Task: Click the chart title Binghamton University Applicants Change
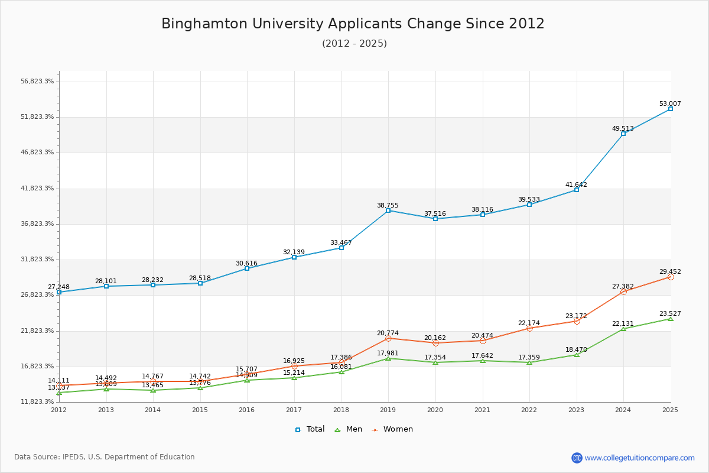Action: click(x=353, y=24)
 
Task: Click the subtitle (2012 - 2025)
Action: click(x=354, y=44)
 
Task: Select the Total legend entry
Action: click(x=310, y=429)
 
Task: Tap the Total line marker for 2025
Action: click(x=670, y=109)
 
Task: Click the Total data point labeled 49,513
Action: click(x=623, y=134)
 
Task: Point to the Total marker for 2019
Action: click(x=388, y=210)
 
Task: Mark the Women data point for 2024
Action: click(x=623, y=291)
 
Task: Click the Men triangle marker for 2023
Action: click(x=577, y=355)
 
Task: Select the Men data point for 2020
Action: click(x=435, y=362)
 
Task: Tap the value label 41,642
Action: click(x=576, y=184)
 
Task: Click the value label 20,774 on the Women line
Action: click(x=388, y=333)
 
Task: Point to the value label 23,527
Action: click(x=670, y=314)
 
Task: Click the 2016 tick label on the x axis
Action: click(x=247, y=410)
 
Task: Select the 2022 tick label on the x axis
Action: click(x=529, y=410)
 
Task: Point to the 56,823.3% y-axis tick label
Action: click(x=37, y=82)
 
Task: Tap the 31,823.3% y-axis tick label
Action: click(x=37, y=260)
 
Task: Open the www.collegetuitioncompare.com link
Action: click(x=639, y=458)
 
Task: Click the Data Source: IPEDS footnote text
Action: click(x=105, y=457)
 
